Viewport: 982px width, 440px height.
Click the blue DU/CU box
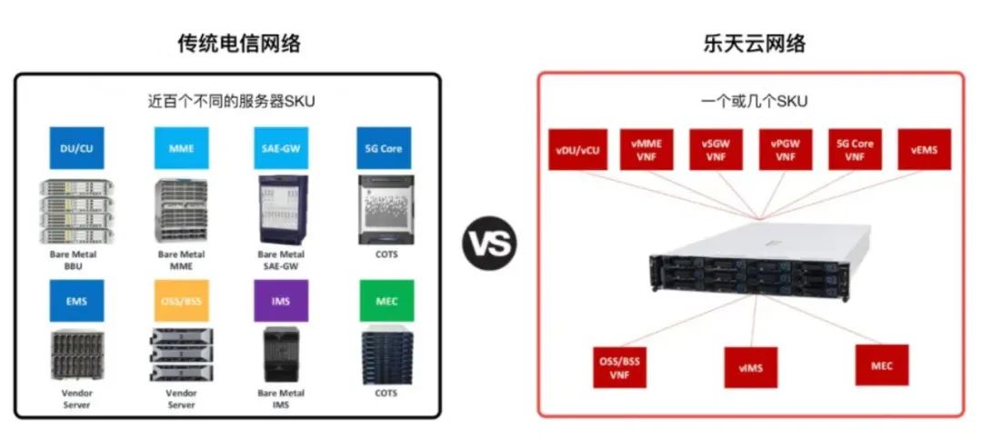click(x=77, y=148)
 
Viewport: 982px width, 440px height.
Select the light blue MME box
click(x=181, y=148)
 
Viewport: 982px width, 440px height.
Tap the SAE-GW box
click(x=281, y=148)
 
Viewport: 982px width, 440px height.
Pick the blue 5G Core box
click(x=384, y=148)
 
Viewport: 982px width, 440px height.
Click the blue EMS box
click(x=77, y=301)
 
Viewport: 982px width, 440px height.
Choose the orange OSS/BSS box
click(x=181, y=301)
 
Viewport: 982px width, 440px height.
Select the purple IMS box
click(x=281, y=301)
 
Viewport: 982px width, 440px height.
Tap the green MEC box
click(x=386, y=301)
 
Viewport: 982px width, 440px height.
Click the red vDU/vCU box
click(x=578, y=150)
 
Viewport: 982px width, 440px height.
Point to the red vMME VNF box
click(x=647, y=150)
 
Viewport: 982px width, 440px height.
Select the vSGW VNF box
click(x=716, y=150)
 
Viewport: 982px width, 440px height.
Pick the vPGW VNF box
click(x=786, y=150)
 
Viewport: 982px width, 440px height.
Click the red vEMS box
click(x=925, y=150)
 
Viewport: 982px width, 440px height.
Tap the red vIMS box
click(x=751, y=367)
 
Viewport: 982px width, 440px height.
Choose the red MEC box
click(x=882, y=365)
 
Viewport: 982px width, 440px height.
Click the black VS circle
click(x=490, y=243)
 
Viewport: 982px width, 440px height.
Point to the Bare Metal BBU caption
click(x=74, y=260)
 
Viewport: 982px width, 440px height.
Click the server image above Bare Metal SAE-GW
click(x=283, y=210)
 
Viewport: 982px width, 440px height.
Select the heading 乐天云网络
click(x=754, y=44)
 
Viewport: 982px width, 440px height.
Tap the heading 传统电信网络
click(x=240, y=44)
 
